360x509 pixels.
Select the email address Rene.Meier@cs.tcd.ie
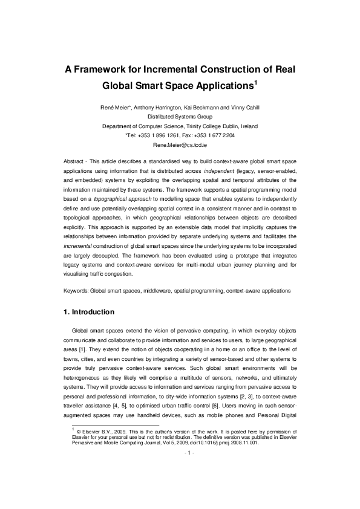(x=180, y=146)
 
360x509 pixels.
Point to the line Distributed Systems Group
(x=180, y=117)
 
